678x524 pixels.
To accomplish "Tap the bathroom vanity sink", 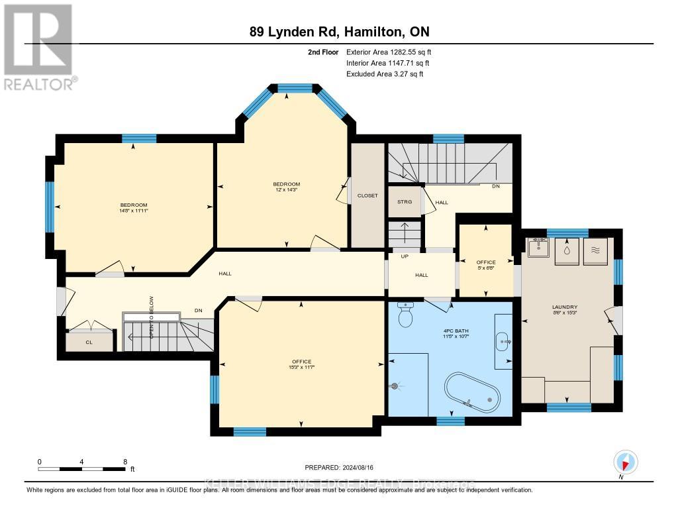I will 503,342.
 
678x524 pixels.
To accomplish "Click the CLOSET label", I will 367,196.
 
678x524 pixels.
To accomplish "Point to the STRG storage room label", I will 404,202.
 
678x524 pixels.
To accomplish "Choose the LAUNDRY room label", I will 565,307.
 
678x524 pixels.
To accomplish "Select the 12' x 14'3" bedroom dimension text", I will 286,190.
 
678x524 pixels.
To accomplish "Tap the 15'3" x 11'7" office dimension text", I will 301,367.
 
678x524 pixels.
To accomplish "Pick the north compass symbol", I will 624,462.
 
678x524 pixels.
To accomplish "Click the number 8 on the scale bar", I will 124,461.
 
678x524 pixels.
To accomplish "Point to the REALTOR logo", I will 39,46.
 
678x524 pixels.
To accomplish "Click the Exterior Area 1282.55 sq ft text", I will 389,52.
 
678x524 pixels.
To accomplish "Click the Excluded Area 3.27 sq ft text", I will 385,74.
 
